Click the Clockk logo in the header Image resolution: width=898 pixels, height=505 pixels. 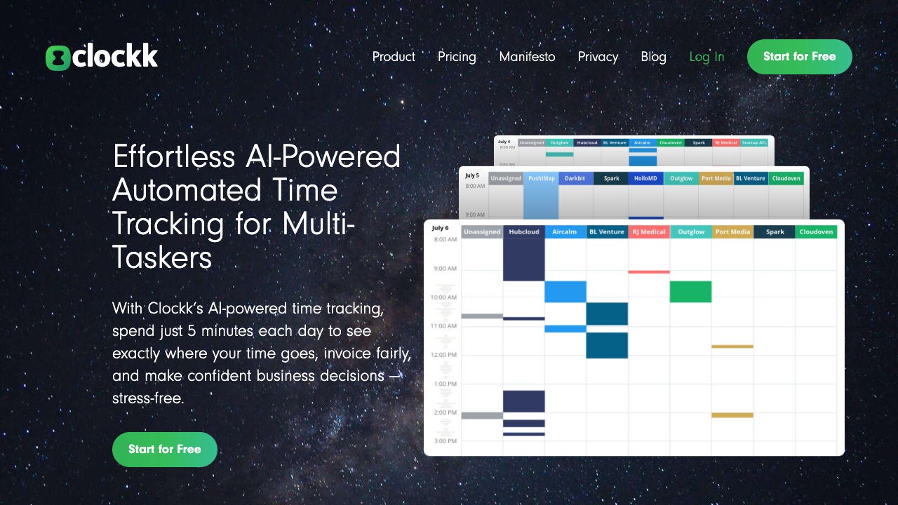coord(102,57)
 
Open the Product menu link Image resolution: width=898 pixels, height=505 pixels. coord(394,57)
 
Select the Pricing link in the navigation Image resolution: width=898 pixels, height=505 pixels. coord(457,57)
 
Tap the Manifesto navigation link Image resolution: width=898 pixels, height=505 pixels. coord(527,57)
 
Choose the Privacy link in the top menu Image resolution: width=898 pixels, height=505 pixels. coord(598,57)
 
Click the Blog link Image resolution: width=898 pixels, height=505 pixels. coord(653,57)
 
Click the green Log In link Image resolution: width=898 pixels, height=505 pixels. coord(706,57)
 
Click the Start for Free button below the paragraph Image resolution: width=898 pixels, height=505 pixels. coord(165,449)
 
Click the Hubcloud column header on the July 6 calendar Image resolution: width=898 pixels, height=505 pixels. coord(524,231)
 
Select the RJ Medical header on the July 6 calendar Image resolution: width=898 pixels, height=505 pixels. coord(649,231)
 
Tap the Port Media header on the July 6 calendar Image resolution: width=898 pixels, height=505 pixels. coord(732,231)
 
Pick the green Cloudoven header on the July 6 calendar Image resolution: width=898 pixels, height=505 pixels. coord(816,231)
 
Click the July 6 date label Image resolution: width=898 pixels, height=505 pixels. coord(440,228)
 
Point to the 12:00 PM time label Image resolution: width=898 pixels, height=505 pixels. coord(444,355)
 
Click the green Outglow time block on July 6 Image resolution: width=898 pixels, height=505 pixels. coord(690,292)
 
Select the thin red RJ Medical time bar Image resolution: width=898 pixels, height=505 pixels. coord(649,271)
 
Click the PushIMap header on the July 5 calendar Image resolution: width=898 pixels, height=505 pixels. coord(541,178)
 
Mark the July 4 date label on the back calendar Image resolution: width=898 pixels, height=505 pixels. coord(504,142)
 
